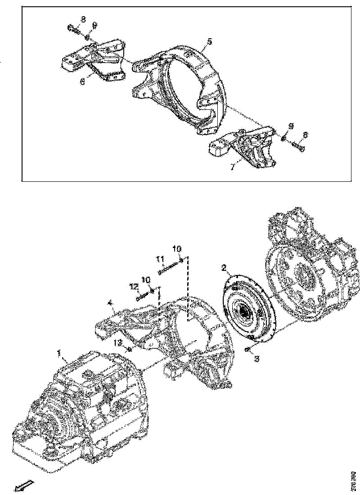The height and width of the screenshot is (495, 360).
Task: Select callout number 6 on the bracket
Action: pyautogui.click(x=82, y=81)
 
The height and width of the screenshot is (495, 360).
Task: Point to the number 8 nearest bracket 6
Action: pyautogui.click(x=83, y=18)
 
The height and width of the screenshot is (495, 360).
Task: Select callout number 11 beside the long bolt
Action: pyautogui.click(x=159, y=259)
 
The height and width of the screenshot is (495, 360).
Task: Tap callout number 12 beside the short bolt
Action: pyautogui.click(x=133, y=286)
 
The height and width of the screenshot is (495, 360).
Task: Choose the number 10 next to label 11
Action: pyautogui.click(x=177, y=248)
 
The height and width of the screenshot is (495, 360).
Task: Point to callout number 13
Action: pyautogui.click(x=117, y=343)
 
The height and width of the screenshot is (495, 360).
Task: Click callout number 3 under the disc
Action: pyautogui.click(x=257, y=359)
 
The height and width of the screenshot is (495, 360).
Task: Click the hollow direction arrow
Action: pyautogui.click(x=21, y=485)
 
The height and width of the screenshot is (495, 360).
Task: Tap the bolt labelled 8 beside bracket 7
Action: pyautogui.click(x=295, y=145)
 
